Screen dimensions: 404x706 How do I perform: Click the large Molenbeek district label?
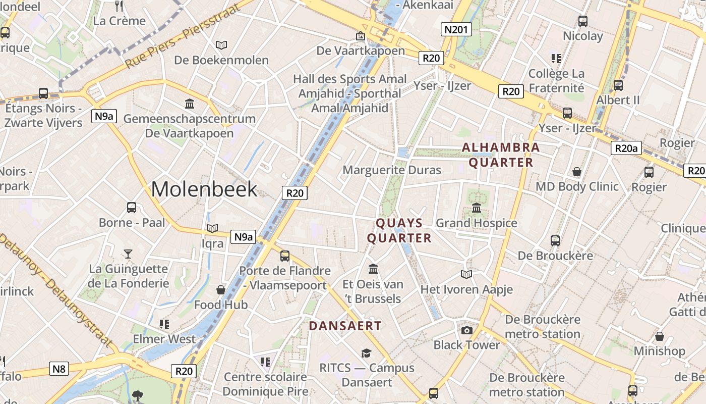tap(204, 189)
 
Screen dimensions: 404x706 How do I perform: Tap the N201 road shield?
tap(456, 29)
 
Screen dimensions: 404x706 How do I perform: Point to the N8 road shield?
tap(60, 369)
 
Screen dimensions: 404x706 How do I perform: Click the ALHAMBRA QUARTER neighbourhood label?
tap(501, 155)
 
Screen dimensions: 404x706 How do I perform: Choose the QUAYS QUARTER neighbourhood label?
tap(399, 231)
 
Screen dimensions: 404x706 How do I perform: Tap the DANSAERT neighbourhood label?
tap(345, 326)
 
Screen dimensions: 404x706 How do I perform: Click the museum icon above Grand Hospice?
tap(477, 208)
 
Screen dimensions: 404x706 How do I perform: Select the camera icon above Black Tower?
tap(467, 330)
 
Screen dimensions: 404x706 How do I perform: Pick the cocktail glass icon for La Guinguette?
tap(128, 254)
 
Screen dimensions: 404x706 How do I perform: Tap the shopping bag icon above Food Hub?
tap(221, 290)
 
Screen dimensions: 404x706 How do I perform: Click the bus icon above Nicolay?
tap(583, 21)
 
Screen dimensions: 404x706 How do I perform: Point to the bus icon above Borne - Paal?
tap(132, 208)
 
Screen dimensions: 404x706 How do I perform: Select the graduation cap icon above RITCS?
tap(366, 353)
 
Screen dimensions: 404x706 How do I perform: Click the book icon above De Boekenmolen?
tap(221, 45)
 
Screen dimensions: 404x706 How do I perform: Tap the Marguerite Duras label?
tap(392, 170)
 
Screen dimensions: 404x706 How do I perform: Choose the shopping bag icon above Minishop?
tap(659, 336)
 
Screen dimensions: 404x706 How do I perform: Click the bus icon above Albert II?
tap(618, 85)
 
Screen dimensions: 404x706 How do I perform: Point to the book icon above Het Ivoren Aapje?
tap(466, 274)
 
